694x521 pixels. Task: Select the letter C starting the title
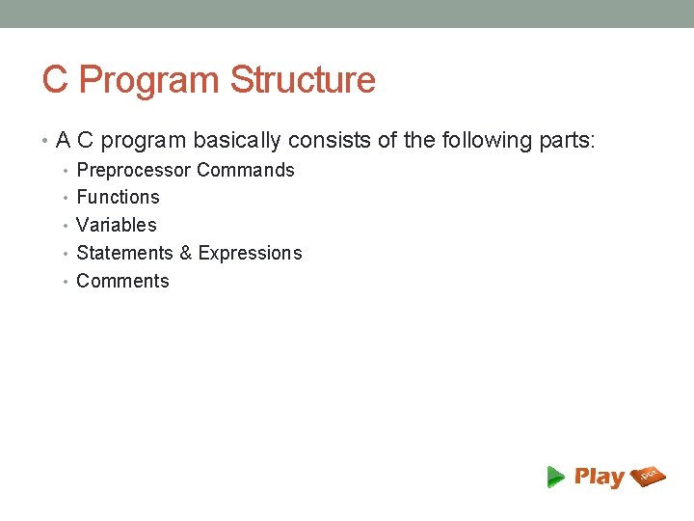tap(55, 80)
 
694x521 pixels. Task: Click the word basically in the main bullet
tap(237, 141)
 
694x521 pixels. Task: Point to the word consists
tap(330, 141)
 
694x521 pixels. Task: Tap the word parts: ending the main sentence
tap(568, 141)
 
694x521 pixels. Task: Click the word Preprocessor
tap(133, 171)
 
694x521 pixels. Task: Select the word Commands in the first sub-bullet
tap(246, 171)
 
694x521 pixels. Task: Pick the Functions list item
tap(118, 198)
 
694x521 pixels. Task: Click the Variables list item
tap(116, 226)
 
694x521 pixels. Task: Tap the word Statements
tap(124, 254)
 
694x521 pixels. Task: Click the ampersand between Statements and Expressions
tap(186, 254)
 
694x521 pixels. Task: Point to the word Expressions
tap(250, 254)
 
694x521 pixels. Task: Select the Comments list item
tap(122, 282)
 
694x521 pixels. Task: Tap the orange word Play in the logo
tap(599, 477)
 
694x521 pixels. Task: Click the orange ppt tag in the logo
tap(649, 475)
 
